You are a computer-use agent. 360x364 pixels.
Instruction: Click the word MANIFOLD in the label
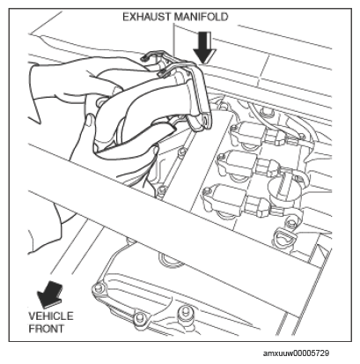pos(201,17)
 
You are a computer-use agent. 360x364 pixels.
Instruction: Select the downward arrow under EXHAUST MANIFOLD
pos(204,47)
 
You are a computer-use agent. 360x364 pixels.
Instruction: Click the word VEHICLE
pos(51,316)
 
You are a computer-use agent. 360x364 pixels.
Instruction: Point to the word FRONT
pos(46,329)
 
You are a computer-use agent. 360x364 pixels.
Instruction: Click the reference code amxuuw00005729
pos(296,353)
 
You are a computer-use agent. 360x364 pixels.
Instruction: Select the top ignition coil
pos(248,134)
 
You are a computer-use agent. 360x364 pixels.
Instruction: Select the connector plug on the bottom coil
pos(258,204)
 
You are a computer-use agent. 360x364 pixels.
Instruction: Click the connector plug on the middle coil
pos(268,167)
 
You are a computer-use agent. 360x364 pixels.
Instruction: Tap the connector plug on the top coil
pos(276,135)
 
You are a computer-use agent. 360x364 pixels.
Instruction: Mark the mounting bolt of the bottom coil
pos(206,191)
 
